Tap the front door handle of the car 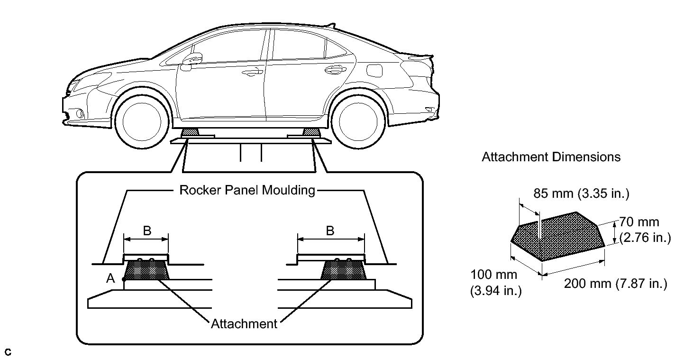pyautogui.click(x=251, y=73)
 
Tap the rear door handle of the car pyautogui.click(x=334, y=70)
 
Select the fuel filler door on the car pyautogui.click(x=375, y=70)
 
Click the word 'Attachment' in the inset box pyautogui.click(x=244, y=324)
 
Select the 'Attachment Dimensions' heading pyautogui.click(x=551, y=157)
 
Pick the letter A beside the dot pyautogui.click(x=110, y=279)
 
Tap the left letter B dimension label pyautogui.click(x=147, y=231)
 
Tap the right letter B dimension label pyautogui.click(x=330, y=231)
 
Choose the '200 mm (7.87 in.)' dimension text pyautogui.click(x=615, y=284)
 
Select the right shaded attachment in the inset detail pyautogui.click(x=344, y=271)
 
